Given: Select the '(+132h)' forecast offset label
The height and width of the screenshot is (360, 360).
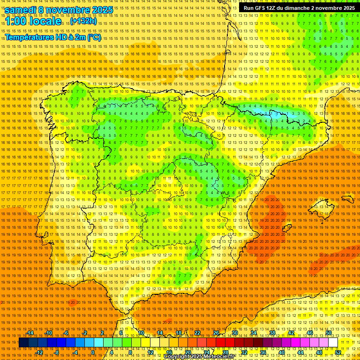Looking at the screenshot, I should click(x=83, y=21).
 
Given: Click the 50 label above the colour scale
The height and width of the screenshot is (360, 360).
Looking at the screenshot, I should click(x=329, y=333).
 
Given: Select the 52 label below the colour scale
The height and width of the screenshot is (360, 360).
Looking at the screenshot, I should click(x=338, y=352).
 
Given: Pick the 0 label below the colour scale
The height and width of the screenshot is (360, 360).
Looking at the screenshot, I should click(x=93, y=352).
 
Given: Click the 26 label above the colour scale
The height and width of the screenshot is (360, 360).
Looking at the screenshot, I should click(x=216, y=333).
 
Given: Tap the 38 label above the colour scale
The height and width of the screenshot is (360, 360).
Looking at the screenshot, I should click(x=272, y=333).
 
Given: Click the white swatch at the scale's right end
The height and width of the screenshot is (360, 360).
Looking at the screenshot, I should click(x=333, y=343).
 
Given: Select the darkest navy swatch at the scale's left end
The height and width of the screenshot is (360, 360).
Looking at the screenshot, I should click(x=23, y=343).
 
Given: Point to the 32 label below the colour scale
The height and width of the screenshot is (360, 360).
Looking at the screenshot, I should click(x=244, y=352).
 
